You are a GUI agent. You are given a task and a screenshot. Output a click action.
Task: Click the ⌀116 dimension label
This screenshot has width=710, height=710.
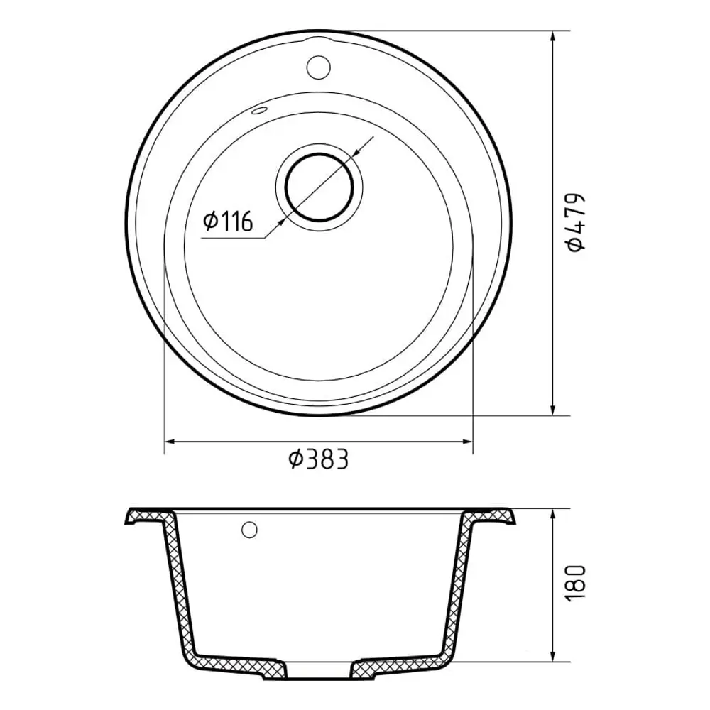[228, 221]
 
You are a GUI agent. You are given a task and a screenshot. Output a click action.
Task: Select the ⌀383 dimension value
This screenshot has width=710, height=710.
[319, 459]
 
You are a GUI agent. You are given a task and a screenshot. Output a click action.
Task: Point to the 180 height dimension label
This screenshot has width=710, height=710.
[576, 582]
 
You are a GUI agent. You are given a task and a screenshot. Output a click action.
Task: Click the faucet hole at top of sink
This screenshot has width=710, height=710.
[318, 67]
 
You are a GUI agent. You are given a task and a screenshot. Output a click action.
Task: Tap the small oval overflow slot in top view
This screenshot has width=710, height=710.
[259, 111]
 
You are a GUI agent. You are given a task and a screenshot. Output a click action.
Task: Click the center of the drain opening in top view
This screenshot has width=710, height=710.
[319, 187]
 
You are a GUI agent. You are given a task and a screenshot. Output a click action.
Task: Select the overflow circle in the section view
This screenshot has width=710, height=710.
[249, 530]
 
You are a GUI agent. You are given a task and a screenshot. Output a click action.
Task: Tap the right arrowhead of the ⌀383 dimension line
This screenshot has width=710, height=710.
[467, 441]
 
